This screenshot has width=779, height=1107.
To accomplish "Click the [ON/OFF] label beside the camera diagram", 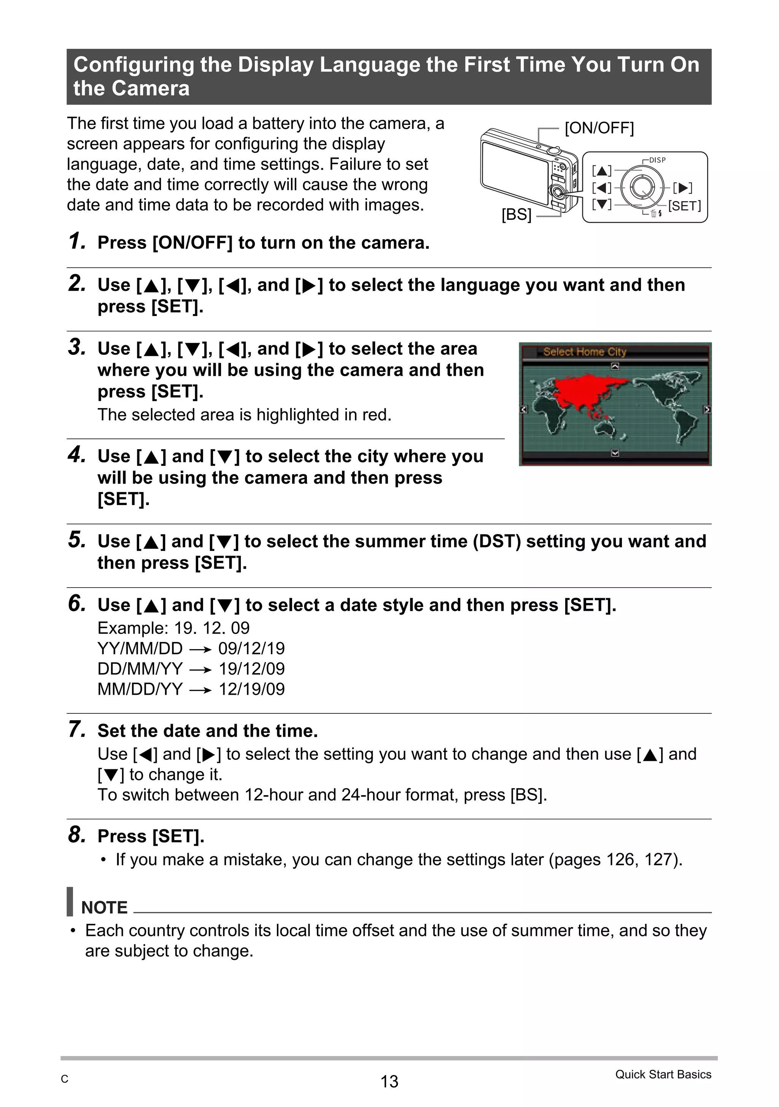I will (599, 128).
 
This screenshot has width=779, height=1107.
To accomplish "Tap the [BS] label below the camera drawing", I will (516, 214).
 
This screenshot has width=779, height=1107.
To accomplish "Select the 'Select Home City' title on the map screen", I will (584, 352).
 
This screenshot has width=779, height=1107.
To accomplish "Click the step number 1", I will (77, 241).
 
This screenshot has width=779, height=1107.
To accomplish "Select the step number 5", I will (77, 540).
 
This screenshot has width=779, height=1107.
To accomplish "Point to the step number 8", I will (77, 835).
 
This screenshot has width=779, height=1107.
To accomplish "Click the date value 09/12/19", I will (251, 648).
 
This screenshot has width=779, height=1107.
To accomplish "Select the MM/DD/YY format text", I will (140, 689).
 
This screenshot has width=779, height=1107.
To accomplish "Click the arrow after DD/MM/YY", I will (201, 670).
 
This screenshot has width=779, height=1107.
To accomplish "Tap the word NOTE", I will (104, 907).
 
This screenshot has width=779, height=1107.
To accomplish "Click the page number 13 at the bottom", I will (389, 1082).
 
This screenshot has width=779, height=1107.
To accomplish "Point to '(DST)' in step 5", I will (496, 542).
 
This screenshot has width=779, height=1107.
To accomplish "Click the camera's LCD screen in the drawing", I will (514, 171).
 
